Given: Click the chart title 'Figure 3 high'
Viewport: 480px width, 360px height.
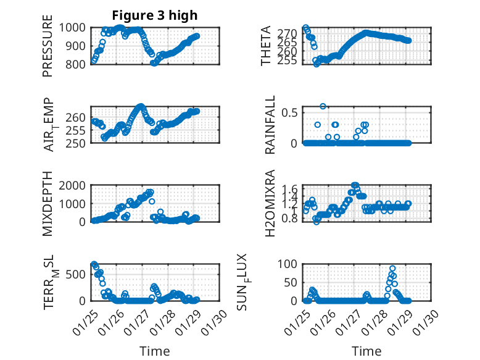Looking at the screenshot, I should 154,15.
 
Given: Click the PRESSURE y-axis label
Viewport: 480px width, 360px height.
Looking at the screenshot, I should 48,50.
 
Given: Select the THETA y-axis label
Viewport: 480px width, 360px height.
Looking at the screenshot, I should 267,46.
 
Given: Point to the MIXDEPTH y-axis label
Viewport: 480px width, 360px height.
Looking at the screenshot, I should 48,203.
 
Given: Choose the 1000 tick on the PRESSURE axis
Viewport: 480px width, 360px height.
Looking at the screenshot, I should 76,28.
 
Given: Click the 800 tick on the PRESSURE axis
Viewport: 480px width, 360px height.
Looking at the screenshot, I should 79,64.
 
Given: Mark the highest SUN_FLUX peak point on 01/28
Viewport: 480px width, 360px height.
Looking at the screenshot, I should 392,269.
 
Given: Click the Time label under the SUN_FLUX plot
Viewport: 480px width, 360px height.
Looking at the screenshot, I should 366,351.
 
